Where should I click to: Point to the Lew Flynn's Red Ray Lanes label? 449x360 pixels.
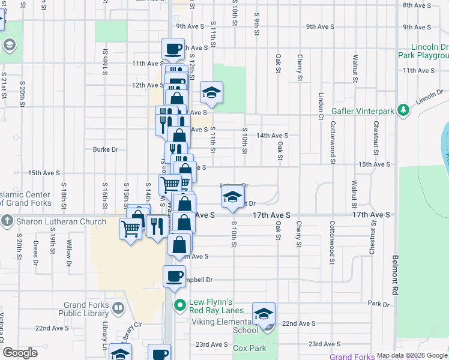217,306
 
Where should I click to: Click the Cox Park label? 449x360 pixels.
249,348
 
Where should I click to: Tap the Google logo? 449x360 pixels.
21,353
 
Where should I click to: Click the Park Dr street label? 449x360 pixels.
379,304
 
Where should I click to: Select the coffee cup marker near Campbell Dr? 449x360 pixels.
174,276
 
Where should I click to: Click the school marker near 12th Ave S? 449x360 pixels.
211,92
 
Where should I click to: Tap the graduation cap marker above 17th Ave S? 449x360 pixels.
232,196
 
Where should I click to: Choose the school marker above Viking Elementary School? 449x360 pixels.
264,313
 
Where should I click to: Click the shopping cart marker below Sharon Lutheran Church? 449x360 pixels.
130,228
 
